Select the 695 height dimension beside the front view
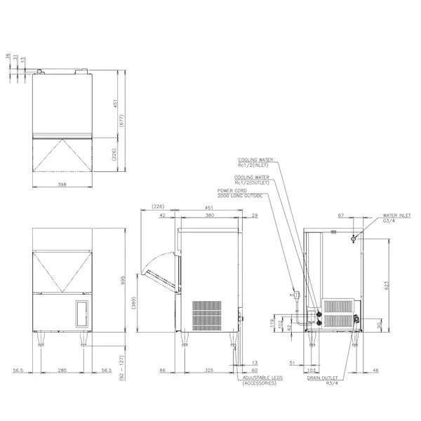click(123, 281)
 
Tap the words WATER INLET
click(397, 218)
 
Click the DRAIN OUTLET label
click(322, 377)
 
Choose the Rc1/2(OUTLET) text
click(253, 182)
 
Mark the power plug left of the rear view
click(296, 292)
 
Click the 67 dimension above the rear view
click(341, 216)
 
